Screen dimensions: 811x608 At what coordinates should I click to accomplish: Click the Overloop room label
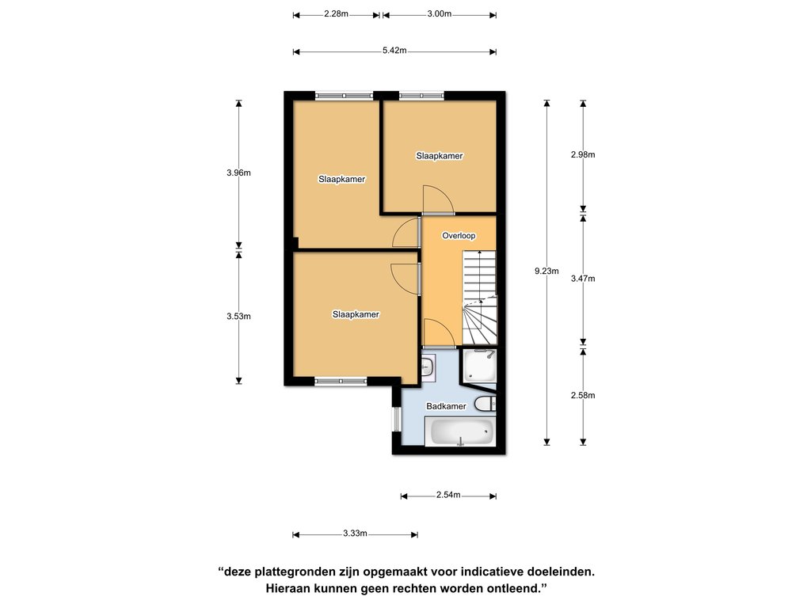tap(459, 236)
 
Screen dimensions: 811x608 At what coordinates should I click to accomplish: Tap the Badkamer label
tap(446, 406)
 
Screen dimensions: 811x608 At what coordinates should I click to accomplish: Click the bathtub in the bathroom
tap(460, 431)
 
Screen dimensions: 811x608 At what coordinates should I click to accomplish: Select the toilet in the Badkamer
tap(485, 403)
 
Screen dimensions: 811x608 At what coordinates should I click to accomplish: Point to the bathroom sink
tap(428, 367)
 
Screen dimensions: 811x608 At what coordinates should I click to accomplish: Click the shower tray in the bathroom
tap(479, 366)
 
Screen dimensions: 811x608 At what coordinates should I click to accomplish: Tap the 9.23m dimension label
tap(546, 271)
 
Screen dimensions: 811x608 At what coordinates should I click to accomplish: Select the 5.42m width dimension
tap(394, 51)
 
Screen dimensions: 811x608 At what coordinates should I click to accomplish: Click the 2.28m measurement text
tap(336, 14)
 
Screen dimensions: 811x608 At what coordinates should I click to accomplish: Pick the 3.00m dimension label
tap(439, 14)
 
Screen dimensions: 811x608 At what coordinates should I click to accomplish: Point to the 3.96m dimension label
tap(238, 173)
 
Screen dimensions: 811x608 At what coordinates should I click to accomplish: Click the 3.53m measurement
tap(238, 317)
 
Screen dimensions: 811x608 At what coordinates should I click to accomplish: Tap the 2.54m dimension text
tap(448, 495)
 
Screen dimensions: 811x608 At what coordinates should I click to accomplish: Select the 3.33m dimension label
tap(355, 534)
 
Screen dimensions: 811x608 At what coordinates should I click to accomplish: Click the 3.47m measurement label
tap(583, 279)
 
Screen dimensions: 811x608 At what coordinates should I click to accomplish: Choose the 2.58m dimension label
tap(583, 396)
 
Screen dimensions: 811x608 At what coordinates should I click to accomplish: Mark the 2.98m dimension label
tap(583, 154)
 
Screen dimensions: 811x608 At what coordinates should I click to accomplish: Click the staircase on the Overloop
tap(479, 298)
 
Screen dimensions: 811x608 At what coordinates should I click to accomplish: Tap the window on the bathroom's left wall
tap(396, 420)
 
